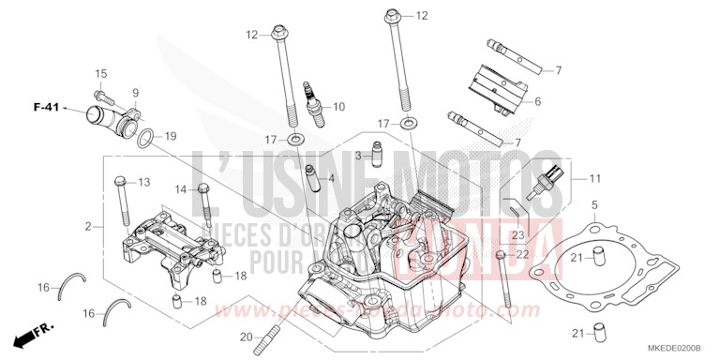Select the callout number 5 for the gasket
593,204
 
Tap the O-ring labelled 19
146,140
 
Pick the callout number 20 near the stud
245,337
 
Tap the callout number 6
538,101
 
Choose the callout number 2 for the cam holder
87,227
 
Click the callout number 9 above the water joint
135,92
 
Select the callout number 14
180,189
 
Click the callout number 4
331,176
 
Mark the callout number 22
523,255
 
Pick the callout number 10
338,106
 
